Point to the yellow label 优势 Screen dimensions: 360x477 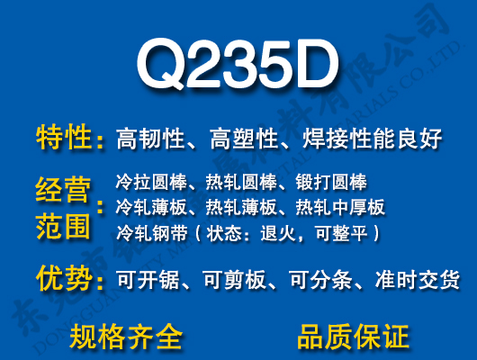(64, 278)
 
